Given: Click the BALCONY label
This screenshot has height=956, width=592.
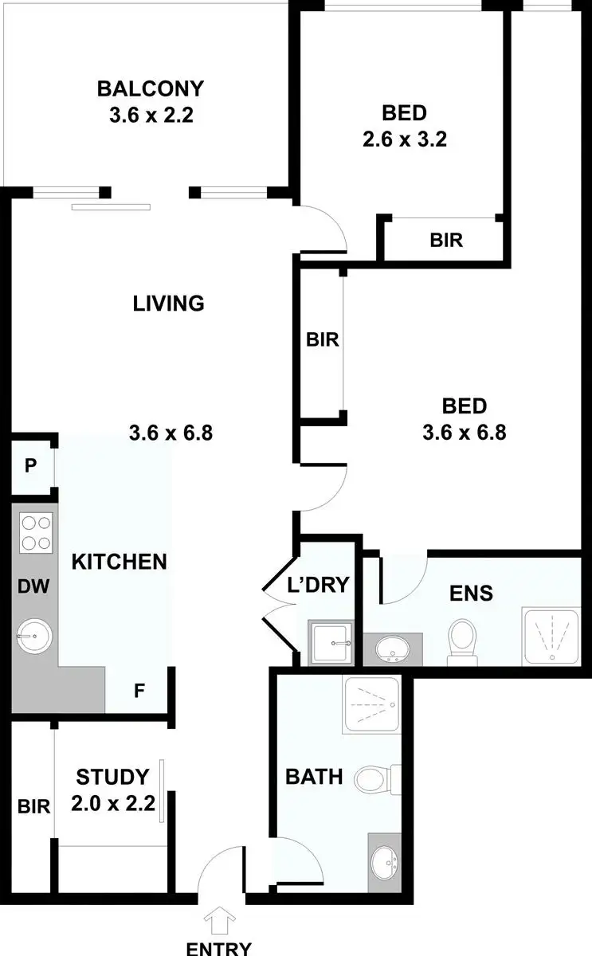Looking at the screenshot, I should (151, 88).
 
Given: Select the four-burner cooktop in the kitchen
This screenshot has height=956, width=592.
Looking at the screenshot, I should (35, 532).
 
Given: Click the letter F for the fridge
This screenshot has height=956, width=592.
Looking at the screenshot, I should (139, 691).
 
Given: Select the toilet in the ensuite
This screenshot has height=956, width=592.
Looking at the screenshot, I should (461, 639).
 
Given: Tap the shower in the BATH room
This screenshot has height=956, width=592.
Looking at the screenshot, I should (374, 705).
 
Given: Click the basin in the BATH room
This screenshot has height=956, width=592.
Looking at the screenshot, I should (387, 862).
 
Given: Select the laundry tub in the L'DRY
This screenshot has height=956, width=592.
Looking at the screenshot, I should (329, 642).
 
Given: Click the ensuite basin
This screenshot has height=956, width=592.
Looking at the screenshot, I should (392, 648).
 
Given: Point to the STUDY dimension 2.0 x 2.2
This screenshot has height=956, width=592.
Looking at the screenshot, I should (112, 804).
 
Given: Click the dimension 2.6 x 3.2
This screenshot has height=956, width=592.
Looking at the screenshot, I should (404, 139).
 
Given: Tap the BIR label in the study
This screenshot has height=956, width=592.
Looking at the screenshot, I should (33, 806).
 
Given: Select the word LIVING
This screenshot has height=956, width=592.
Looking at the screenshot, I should (169, 303).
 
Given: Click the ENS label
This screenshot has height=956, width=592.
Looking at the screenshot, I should (471, 593).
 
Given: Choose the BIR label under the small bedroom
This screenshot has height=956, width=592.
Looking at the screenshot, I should (446, 239).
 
